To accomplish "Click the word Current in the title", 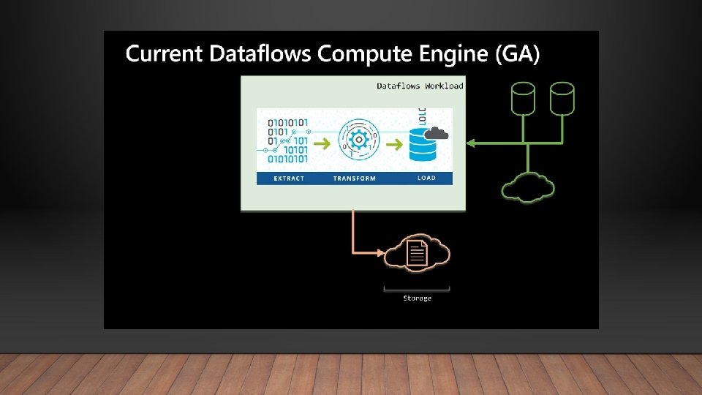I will pyautogui.click(x=165, y=54).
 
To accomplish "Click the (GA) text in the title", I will pyautogui.click(x=516, y=54).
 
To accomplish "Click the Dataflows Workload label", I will pyautogui.click(x=420, y=86).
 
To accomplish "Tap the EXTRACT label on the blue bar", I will pyautogui.click(x=289, y=178).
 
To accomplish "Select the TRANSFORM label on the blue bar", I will pyautogui.click(x=355, y=178).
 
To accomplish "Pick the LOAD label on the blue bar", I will pyautogui.click(x=426, y=178).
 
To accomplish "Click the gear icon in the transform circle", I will pyautogui.click(x=358, y=138).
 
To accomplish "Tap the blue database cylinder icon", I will pyautogui.click(x=423, y=145).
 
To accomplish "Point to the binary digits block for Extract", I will pyautogui.click(x=287, y=139).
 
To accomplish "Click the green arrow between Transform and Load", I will pyautogui.click(x=394, y=144).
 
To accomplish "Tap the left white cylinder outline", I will pyautogui.click(x=524, y=99).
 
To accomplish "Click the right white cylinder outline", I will pyautogui.click(x=562, y=99).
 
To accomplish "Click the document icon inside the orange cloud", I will pyautogui.click(x=417, y=254).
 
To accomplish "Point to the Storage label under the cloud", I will pyautogui.click(x=417, y=298).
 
